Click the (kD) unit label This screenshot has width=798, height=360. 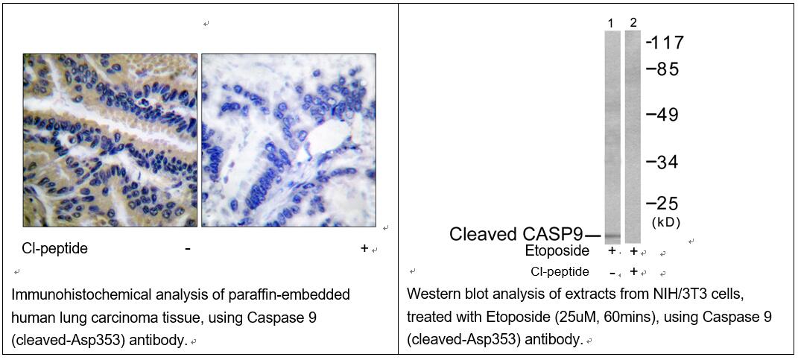(x=665, y=222)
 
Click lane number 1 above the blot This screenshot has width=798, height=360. (x=611, y=23)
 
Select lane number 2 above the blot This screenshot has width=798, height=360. (x=633, y=22)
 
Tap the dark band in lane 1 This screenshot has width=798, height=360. (x=612, y=236)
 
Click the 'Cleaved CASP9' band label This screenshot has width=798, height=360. (x=516, y=235)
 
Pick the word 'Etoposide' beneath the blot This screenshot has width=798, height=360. (x=557, y=251)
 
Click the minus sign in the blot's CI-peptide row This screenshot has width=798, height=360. (x=612, y=272)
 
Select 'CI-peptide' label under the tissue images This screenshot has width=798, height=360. (x=55, y=248)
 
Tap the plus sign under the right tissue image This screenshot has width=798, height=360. (x=364, y=248)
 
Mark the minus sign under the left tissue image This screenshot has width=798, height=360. (x=188, y=249)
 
